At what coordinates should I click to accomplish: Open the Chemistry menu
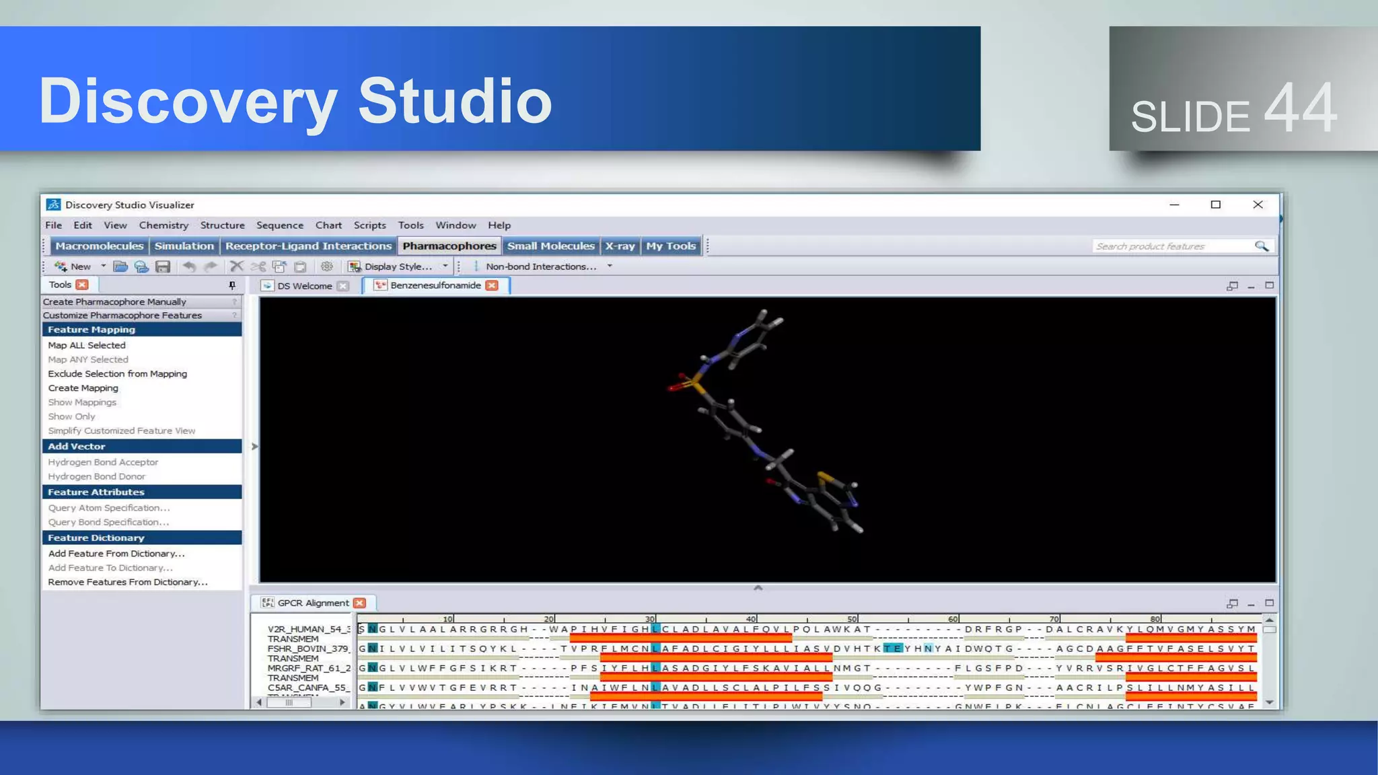click(x=164, y=225)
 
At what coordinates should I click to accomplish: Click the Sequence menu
click(x=279, y=225)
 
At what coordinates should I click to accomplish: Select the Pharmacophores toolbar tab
click(x=449, y=246)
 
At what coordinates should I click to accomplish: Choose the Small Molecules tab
click(x=550, y=246)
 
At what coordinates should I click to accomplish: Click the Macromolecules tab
click(x=99, y=246)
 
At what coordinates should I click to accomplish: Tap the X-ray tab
click(x=620, y=246)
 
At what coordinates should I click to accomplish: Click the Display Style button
click(x=397, y=266)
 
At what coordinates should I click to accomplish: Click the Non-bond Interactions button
click(x=540, y=266)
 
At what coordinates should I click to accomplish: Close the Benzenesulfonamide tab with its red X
click(x=493, y=285)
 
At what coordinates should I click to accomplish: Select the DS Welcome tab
click(x=304, y=286)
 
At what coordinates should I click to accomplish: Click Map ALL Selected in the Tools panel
click(x=87, y=345)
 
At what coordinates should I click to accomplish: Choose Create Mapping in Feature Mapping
click(x=83, y=388)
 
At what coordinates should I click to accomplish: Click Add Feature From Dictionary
click(x=116, y=554)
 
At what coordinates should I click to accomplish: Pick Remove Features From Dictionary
click(x=128, y=582)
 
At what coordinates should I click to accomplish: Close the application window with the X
click(x=1258, y=205)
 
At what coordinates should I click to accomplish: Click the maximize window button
click(x=1215, y=205)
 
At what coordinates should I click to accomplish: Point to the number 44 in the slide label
click(x=1300, y=108)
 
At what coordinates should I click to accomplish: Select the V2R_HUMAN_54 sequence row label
click(x=308, y=629)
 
